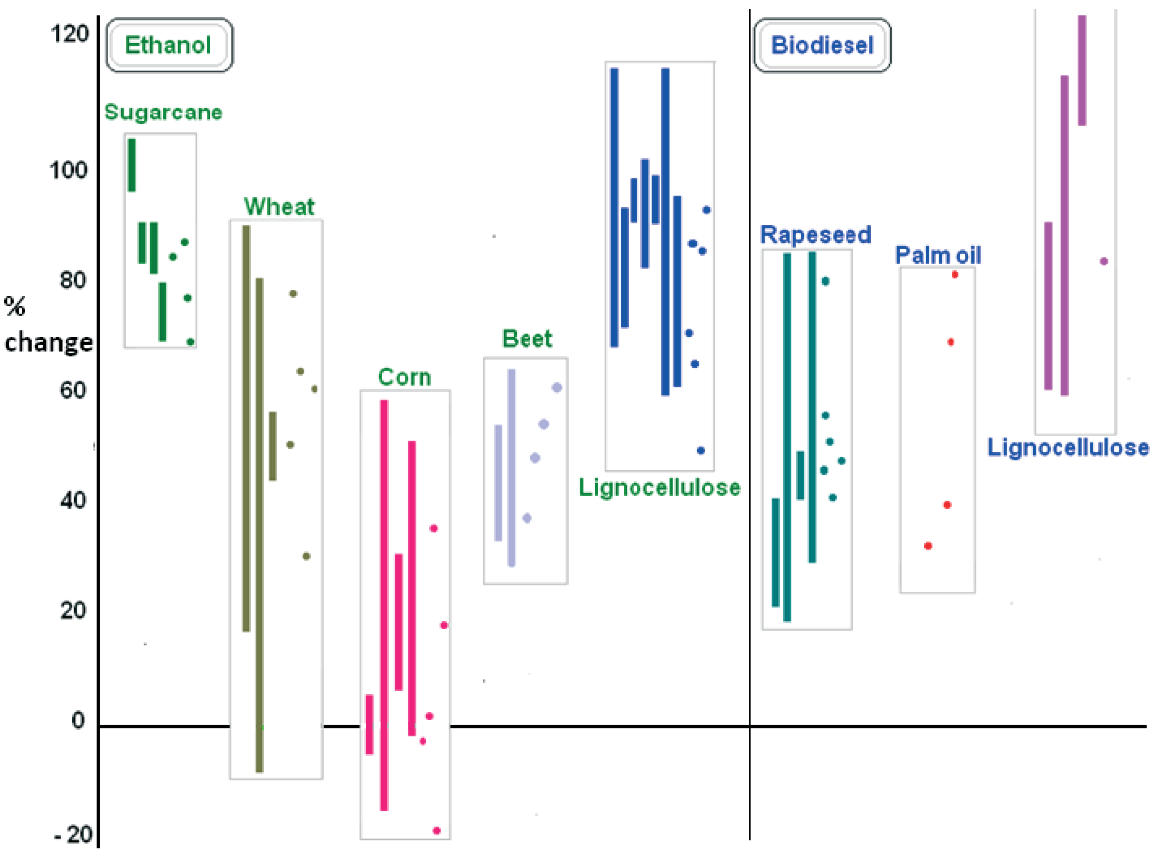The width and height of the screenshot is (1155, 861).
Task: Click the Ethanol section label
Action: pos(168,45)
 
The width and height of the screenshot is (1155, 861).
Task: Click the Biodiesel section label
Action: pos(822,45)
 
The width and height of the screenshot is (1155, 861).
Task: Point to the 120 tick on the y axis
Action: pos(69,34)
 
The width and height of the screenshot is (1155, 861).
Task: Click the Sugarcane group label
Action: pos(163,112)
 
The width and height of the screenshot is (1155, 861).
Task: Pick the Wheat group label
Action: pos(279,207)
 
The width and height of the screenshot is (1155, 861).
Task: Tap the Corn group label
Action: pos(404,377)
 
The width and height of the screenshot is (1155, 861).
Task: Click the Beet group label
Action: pos(526,339)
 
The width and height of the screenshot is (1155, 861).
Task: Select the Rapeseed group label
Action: pos(815,234)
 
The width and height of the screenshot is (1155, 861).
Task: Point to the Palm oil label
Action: pos(938,255)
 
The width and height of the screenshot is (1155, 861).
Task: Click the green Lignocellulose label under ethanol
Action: pos(659,487)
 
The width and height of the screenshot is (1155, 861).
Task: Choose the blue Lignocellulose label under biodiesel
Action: pos(1068,447)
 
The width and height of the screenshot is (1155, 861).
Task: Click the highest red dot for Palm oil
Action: pos(954,275)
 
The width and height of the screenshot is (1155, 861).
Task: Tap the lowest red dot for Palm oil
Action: pos(928,546)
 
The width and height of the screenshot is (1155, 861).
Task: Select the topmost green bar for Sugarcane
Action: pos(132,165)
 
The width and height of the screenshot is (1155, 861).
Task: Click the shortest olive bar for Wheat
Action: pos(273,446)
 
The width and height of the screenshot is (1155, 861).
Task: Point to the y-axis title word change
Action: pos(48,342)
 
